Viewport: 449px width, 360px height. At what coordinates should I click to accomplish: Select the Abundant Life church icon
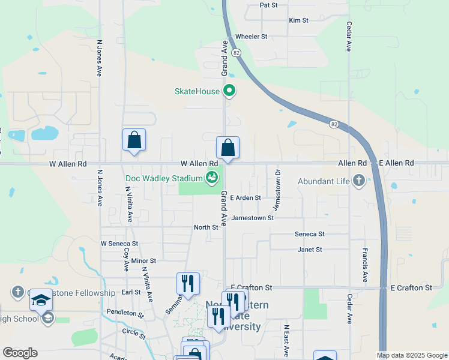pyautogui.click(x=359, y=181)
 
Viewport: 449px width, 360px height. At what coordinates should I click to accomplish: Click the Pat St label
pyautogui.click(x=269, y=5)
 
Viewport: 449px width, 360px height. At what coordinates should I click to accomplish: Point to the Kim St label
pyautogui.click(x=298, y=20)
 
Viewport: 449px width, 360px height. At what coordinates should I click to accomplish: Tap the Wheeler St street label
pyautogui.click(x=251, y=37)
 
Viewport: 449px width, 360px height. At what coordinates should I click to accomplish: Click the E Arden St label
pyautogui.click(x=246, y=197)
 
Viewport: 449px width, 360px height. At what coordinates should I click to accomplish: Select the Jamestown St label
pyautogui.click(x=253, y=218)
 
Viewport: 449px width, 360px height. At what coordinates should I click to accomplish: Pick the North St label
pyautogui.click(x=206, y=227)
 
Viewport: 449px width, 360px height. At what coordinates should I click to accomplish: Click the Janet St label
pyautogui.click(x=310, y=249)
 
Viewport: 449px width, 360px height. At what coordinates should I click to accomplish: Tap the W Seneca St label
pyautogui.click(x=119, y=244)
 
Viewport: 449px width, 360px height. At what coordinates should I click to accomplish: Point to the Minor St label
pyautogui.click(x=143, y=261)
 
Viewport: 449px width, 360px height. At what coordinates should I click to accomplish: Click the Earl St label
pyautogui.click(x=131, y=292)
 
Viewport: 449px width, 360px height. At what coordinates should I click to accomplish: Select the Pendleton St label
pyautogui.click(x=125, y=313)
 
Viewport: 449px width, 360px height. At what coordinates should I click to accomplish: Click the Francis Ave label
pyautogui.click(x=364, y=265)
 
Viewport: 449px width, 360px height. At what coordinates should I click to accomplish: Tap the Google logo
pyautogui.click(x=20, y=353)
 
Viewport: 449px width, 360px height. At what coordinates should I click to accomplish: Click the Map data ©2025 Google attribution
pyautogui.click(x=411, y=355)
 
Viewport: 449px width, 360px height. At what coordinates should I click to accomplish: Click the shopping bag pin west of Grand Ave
pyautogui.click(x=134, y=140)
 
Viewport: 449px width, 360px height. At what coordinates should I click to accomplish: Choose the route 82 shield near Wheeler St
pyautogui.click(x=237, y=53)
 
